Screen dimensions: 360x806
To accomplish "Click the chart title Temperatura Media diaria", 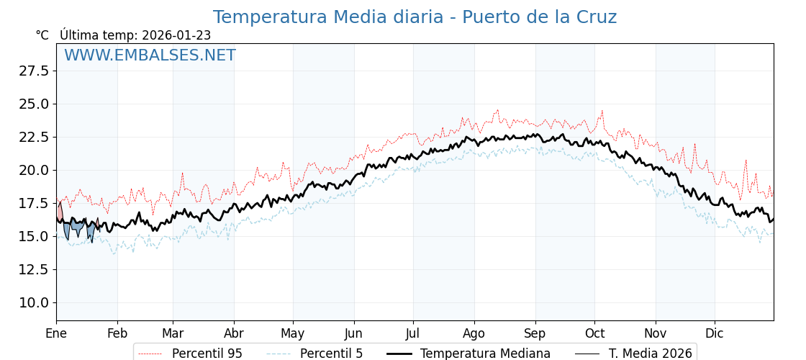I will [x=415, y=17].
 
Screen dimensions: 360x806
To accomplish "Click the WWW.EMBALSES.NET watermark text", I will [x=150, y=55].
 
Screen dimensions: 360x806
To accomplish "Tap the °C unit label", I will [x=42, y=35].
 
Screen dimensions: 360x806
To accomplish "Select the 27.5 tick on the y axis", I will [x=34, y=71].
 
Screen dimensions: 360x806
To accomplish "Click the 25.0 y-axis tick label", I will [x=34, y=104].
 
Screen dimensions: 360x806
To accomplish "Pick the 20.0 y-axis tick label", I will [x=34, y=170].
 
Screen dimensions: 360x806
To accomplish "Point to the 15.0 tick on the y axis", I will [x=34, y=236].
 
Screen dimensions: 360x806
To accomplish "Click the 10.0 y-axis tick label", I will [x=34, y=302].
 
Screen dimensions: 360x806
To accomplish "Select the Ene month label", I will [x=56, y=333].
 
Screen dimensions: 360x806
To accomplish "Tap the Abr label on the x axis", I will [x=234, y=333].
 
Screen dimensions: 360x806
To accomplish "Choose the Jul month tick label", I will [x=413, y=333].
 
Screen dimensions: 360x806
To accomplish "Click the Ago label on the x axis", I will [x=474, y=333].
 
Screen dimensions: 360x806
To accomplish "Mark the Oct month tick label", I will [x=594, y=333].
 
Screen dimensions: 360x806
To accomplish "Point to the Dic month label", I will [x=715, y=333].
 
